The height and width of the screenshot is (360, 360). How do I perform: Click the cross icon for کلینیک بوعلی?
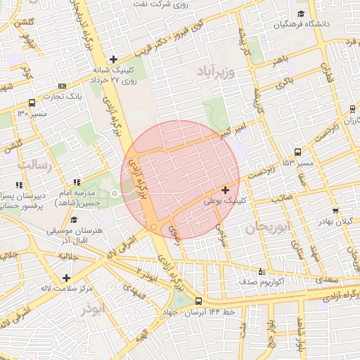coord(225,190)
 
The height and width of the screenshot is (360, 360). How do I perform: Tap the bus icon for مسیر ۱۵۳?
coord(298,152)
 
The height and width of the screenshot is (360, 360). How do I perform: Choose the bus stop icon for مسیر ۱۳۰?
coord(32,102)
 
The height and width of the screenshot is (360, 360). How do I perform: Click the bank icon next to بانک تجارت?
coord(62,86)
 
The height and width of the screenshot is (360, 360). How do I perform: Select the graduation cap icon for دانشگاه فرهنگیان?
coord(301,14)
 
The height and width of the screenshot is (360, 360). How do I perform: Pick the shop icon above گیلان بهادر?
coord(335,210)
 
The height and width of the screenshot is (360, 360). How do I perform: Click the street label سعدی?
coord(327,280)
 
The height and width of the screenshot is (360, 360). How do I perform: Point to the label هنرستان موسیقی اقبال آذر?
coord(74,235)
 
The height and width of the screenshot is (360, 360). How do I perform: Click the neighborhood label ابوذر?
coord(91,309)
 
